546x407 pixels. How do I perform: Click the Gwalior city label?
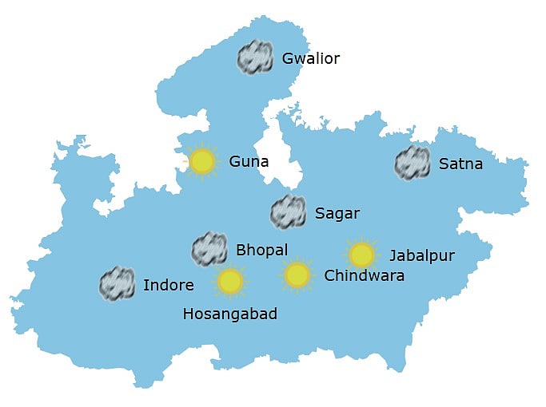pos(311,59)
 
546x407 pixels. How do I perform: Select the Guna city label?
pos(249,162)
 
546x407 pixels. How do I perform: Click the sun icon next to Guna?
pos(202,162)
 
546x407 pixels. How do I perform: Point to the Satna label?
pos(460,165)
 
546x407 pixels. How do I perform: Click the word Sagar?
pos(337,213)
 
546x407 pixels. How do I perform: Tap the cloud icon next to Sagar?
pos(288,211)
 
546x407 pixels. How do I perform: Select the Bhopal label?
pos(261,250)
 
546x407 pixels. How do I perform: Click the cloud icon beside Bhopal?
pos(210,249)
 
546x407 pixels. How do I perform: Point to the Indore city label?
pos(169,285)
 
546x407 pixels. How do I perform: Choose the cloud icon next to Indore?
pos(117,284)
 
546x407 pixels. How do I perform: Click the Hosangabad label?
pos(230,314)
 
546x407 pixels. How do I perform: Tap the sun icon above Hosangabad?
pos(230,281)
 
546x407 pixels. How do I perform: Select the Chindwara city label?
pos(364,276)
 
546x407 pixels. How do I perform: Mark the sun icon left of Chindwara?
pos(297,275)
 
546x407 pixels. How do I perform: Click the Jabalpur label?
pos(422,256)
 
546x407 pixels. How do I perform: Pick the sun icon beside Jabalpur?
pos(361,255)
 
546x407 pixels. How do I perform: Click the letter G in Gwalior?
pos(288,59)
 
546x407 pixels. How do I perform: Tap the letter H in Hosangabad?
pos(188,314)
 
